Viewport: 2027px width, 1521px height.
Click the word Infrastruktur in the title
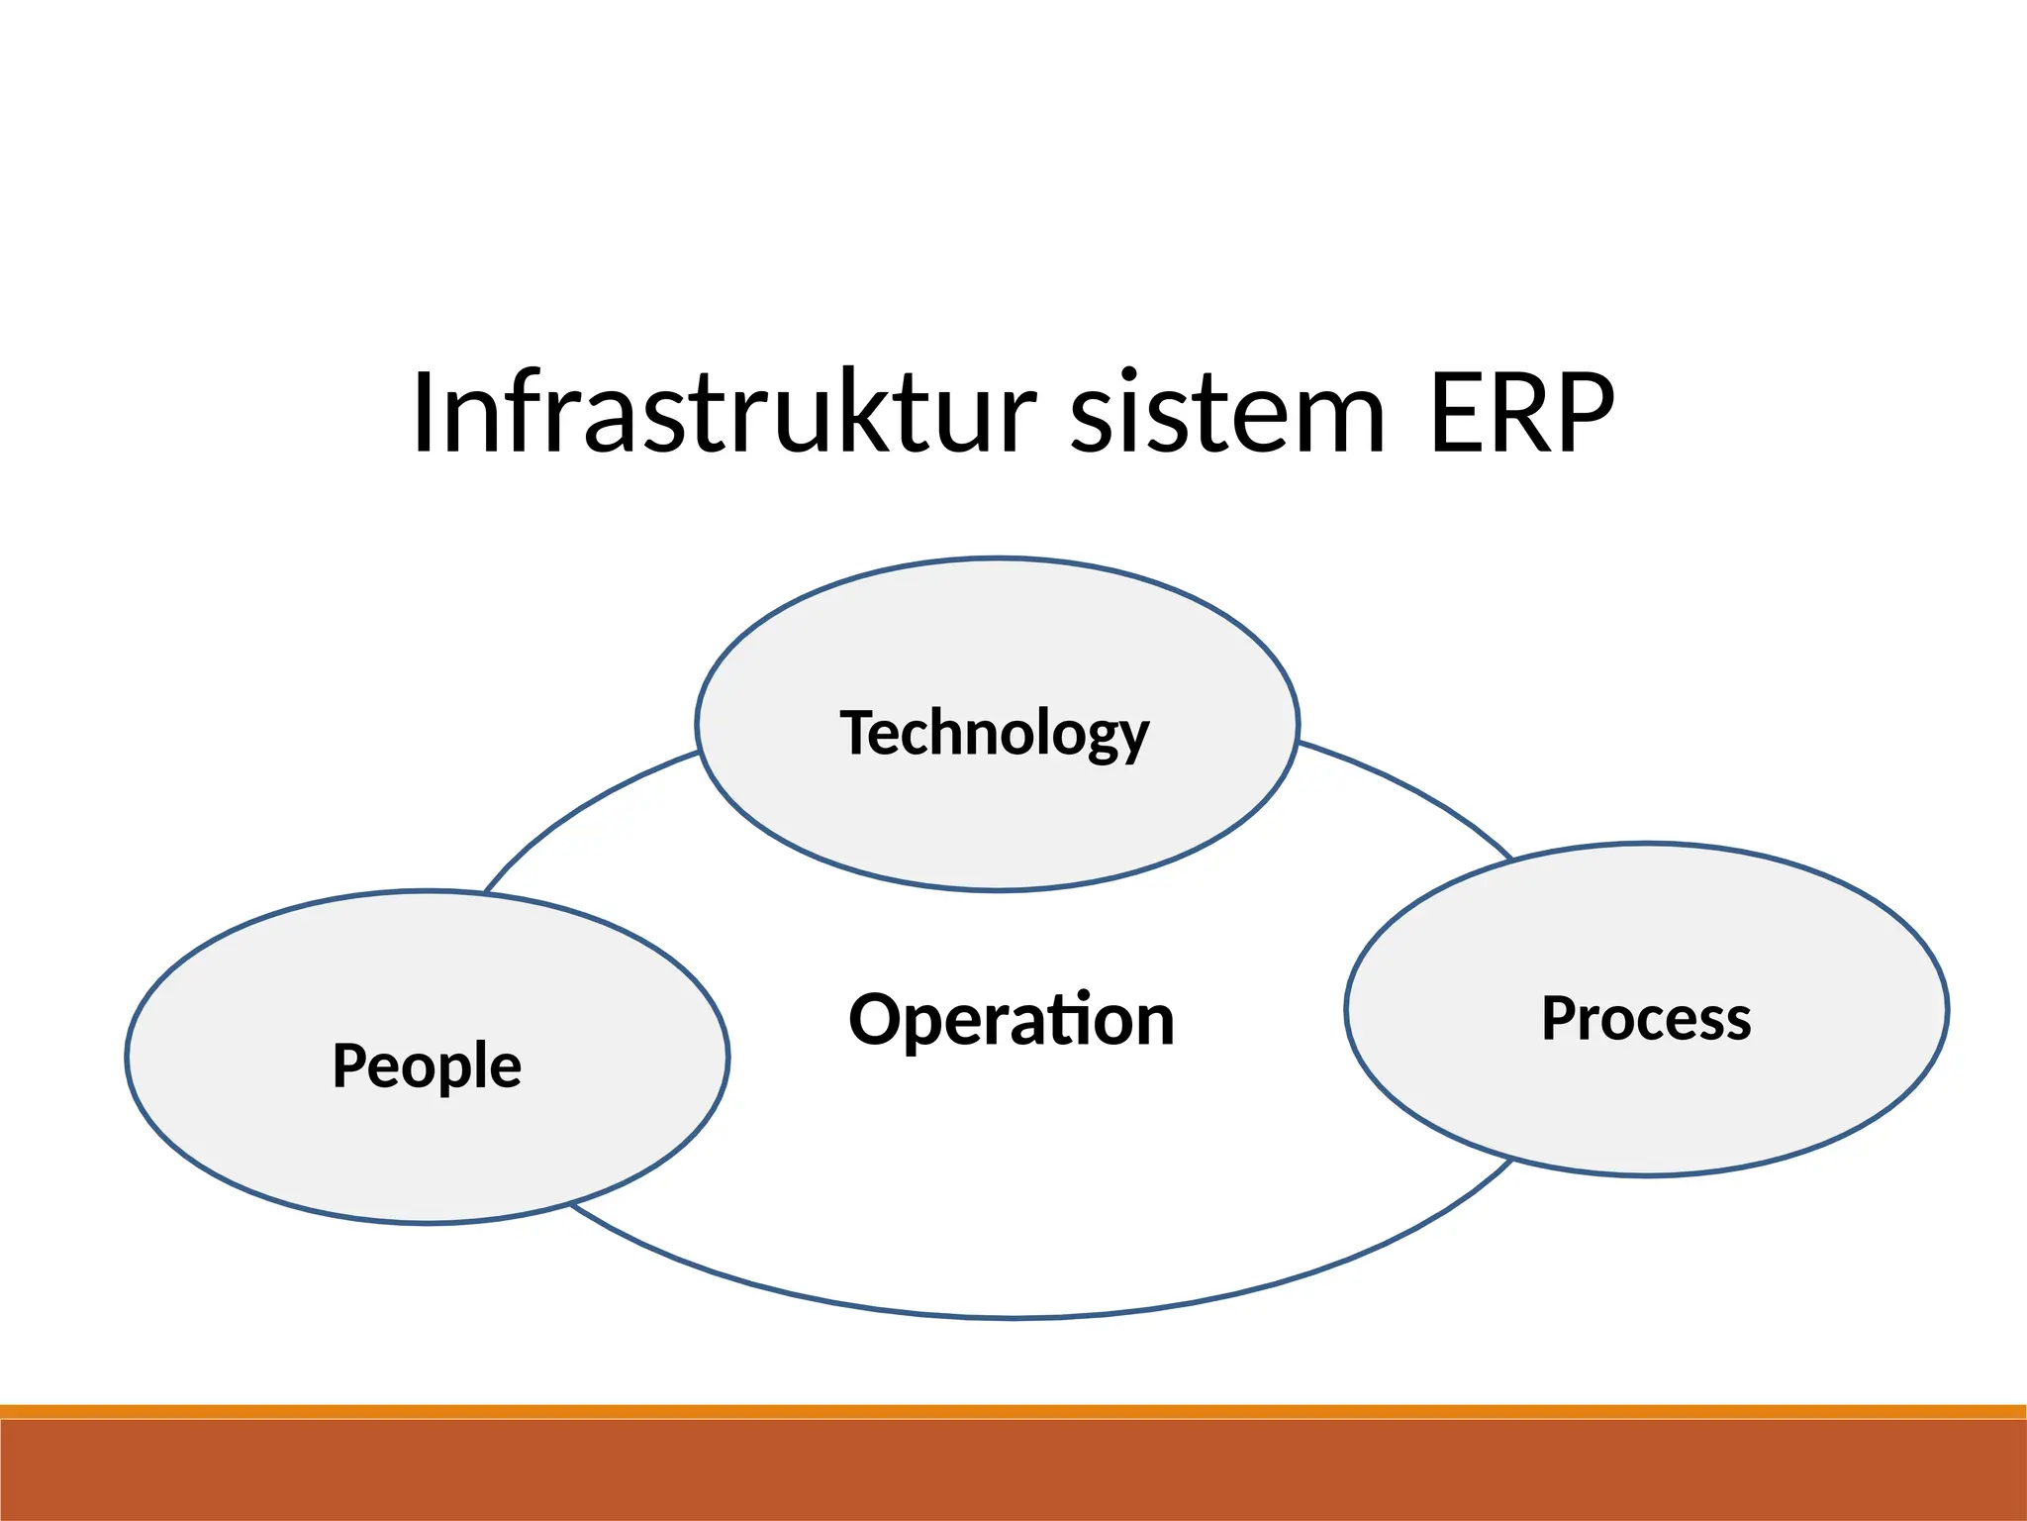[723, 414]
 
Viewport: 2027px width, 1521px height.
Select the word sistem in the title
[1227, 414]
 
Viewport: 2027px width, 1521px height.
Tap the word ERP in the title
[1522, 414]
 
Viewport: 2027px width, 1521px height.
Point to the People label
[427, 1065]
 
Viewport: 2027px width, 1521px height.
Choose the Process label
[1646, 1018]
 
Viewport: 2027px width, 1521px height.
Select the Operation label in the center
[1012, 1020]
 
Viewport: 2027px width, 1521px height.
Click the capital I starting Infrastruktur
[424, 414]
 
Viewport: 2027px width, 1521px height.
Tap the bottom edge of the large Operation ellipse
[1012, 1317]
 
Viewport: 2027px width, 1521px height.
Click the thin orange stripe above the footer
[1013, 1411]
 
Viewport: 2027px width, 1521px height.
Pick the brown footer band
[1013, 1470]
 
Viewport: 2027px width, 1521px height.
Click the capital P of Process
[1560, 1018]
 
